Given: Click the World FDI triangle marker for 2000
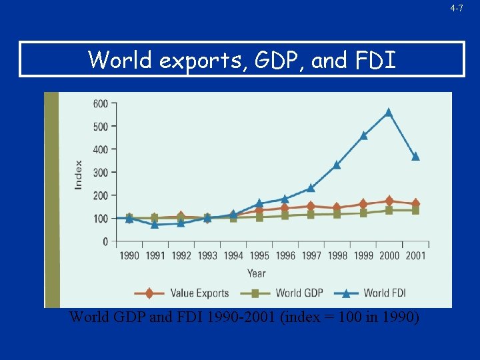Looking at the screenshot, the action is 389,113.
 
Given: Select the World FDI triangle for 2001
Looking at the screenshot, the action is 415,157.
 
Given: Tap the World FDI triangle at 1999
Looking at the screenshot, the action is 363,135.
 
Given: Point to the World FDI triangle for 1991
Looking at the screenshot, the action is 155,225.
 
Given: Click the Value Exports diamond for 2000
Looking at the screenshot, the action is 389,201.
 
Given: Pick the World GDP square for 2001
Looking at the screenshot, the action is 415,210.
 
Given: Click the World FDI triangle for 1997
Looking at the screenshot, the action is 311,187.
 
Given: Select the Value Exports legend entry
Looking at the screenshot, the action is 181,293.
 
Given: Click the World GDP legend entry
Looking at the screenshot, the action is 281,293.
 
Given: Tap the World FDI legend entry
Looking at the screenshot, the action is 370,293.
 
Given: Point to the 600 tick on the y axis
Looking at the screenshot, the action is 101,103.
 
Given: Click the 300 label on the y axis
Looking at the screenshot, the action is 101,173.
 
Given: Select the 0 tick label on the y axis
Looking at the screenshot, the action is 105,242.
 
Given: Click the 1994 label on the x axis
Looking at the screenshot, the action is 233,255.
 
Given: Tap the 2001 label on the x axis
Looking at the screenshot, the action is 415,255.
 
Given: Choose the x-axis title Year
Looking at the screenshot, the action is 257,273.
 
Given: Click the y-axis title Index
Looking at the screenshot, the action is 79,175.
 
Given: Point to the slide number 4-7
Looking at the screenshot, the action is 457,8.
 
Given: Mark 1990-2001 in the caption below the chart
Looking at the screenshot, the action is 241,317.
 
